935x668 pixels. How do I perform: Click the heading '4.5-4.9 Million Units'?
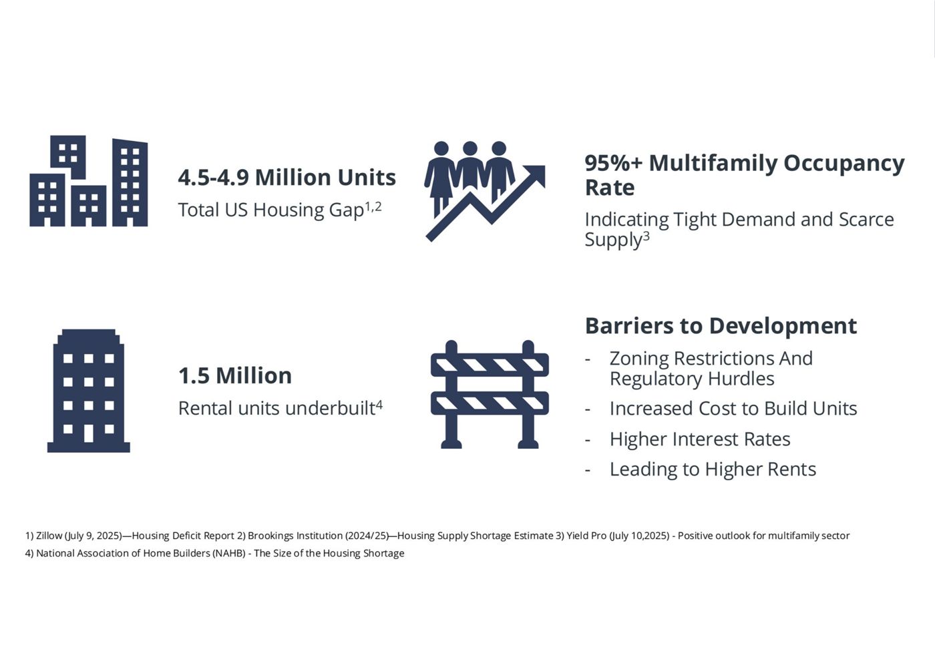(x=287, y=178)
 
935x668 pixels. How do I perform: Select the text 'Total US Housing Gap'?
(x=271, y=210)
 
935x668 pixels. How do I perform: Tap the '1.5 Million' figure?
(x=235, y=375)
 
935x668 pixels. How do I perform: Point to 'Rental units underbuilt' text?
(x=276, y=408)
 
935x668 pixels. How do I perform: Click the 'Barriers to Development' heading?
(x=721, y=326)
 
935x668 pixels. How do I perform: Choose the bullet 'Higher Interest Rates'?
(x=700, y=440)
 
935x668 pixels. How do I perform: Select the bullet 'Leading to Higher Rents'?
(x=713, y=469)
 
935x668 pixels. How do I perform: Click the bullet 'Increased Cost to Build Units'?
(x=733, y=409)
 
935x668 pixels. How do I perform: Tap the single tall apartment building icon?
(x=88, y=391)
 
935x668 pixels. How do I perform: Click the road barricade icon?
(x=490, y=395)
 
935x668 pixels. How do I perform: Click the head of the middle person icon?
(x=470, y=148)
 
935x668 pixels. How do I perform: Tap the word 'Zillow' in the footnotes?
(x=49, y=536)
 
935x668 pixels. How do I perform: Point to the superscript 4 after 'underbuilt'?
(x=379, y=405)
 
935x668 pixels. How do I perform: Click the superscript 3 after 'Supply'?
(x=646, y=236)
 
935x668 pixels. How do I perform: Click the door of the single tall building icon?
(x=88, y=434)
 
